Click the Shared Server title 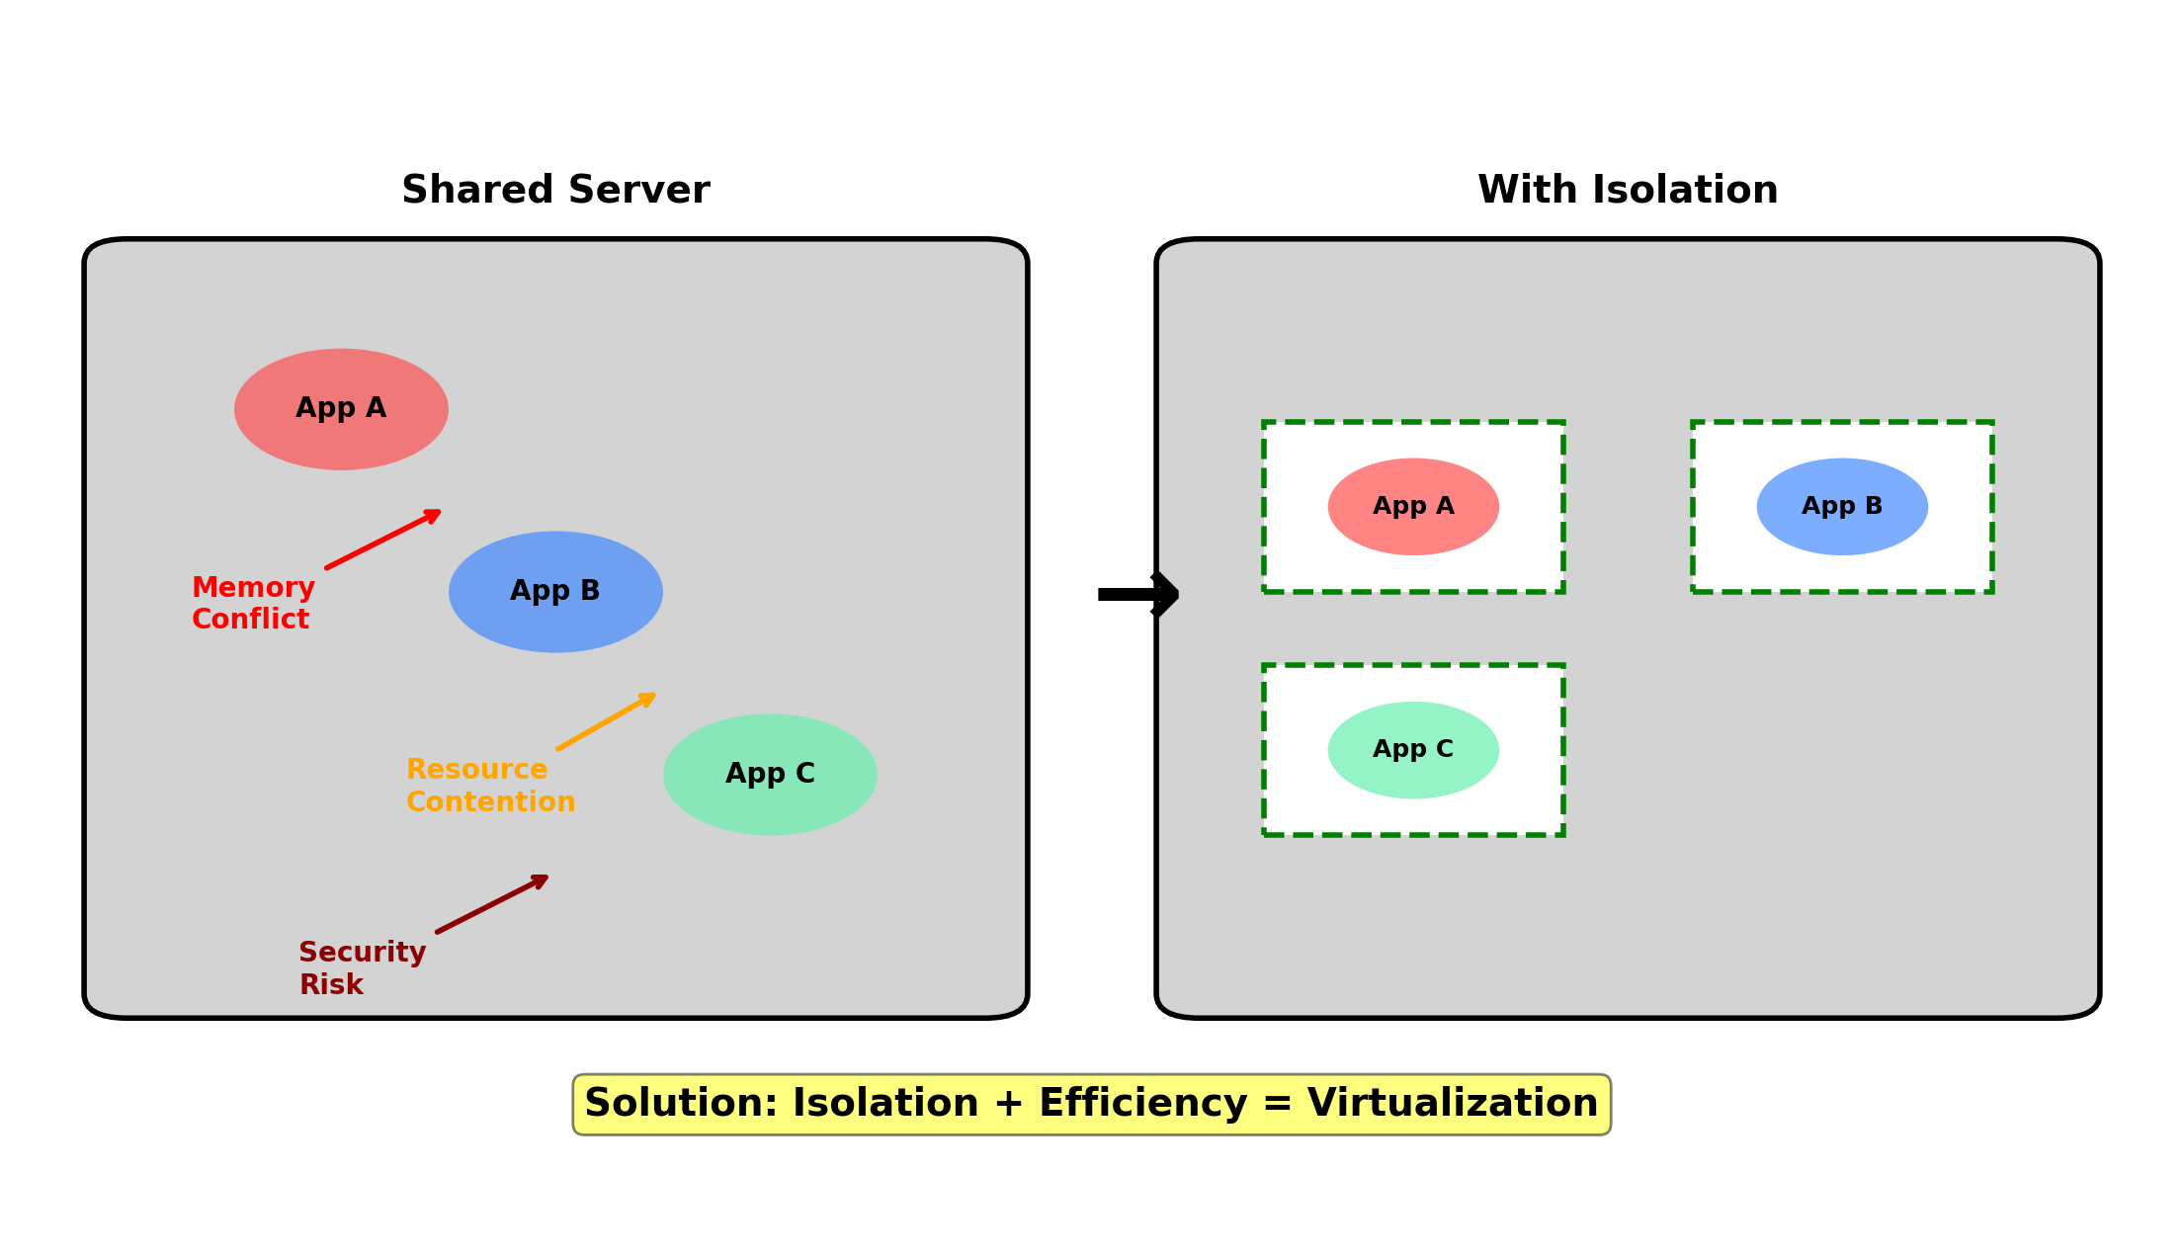coord(555,190)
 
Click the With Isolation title coord(1628,190)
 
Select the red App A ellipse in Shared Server coord(341,409)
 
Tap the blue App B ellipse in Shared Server coord(555,592)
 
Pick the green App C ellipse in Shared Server coord(770,775)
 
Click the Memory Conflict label coord(253,603)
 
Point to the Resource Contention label coord(490,786)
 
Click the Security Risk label coord(362,968)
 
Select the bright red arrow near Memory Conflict coord(382,540)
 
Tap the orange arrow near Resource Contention coord(606,722)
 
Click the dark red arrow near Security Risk coord(491,904)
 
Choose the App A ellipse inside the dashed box coord(1413,507)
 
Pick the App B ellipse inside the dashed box coord(1842,507)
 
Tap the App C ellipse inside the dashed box coord(1413,750)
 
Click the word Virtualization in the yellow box coord(1452,1104)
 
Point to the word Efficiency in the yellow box coord(1142,1104)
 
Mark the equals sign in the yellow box coord(1277,1104)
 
